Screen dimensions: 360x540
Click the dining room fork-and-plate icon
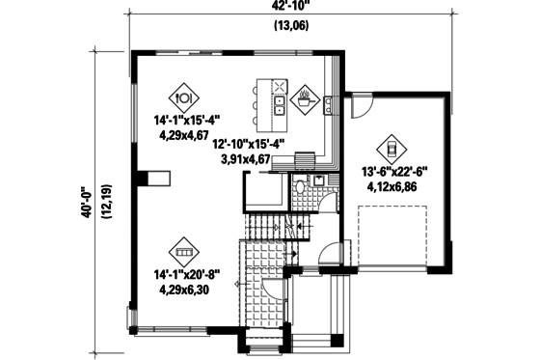(x=185, y=97)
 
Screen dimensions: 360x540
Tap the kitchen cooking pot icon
(x=306, y=97)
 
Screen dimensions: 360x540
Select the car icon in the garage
(x=392, y=149)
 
